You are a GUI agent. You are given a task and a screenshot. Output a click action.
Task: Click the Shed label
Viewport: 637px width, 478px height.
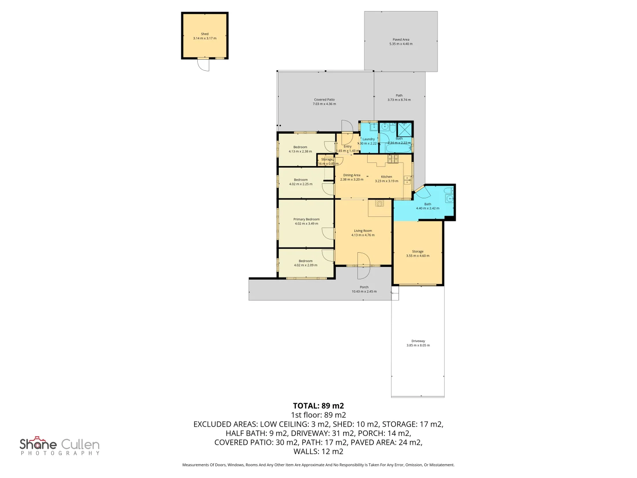(204, 34)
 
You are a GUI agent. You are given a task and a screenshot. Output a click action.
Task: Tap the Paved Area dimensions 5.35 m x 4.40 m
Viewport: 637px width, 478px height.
(401, 44)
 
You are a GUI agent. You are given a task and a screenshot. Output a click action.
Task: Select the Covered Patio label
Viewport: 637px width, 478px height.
(324, 100)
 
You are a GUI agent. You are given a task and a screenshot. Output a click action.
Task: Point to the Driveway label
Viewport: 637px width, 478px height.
(418, 341)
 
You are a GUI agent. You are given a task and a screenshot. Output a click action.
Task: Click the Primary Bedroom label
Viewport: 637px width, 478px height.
(306, 219)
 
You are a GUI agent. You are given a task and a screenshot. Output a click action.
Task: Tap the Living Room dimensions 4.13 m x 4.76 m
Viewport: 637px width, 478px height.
(363, 235)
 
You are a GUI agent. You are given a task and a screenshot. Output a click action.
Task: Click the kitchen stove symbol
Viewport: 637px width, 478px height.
(393, 158)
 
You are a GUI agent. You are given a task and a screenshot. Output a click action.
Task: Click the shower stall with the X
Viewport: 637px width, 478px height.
(404, 129)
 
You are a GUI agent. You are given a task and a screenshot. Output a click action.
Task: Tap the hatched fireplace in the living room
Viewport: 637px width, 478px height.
(380, 203)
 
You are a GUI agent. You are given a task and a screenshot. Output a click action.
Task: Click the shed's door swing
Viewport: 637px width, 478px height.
(203, 65)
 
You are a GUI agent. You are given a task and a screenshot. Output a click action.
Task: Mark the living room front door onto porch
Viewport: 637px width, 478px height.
(363, 266)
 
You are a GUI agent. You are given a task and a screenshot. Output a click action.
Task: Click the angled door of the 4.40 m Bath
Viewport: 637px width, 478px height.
(422, 192)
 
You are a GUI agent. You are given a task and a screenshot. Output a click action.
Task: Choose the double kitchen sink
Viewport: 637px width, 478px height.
(407, 180)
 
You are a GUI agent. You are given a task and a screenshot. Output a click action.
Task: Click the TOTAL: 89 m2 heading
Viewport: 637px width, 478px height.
(318, 406)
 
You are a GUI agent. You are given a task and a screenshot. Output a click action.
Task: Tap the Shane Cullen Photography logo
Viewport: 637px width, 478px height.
(60, 446)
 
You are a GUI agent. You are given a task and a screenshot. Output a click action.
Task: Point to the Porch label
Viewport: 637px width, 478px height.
(364, 287)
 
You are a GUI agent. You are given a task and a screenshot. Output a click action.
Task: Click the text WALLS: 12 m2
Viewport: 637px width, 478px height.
(318, 451)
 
